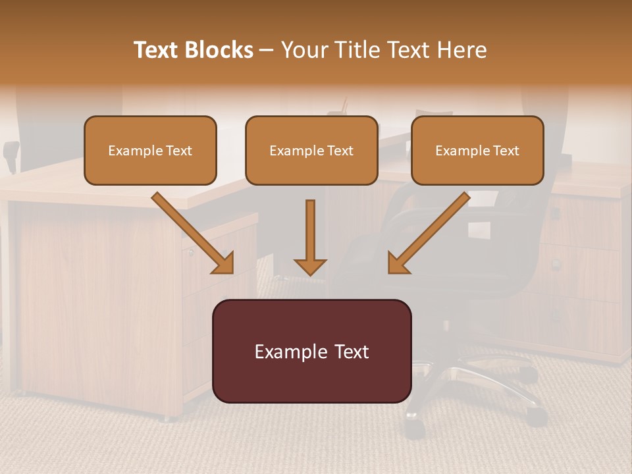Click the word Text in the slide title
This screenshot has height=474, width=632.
pyautogui.click(x=156, y=50)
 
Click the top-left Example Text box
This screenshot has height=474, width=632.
pyautogui.click(x=150, y=150)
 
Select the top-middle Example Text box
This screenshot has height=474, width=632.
pyautogui.click(x=311, y=150)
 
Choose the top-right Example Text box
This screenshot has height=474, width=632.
pyautogui.click(x=477, y=150)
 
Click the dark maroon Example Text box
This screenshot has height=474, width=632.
pyautogui.click(x=311, y=351)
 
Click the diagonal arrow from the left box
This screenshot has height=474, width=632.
pyautogui.click(x=192, y=232)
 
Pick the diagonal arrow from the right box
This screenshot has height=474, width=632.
pyautogui.click(x=429, y=232)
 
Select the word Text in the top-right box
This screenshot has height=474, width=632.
pyautogui.click(x=506, y=151)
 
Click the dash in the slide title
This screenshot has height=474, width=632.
pyautogui.click(x=267, y=51)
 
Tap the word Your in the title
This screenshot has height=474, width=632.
pyautogui.click(x=303, y=50)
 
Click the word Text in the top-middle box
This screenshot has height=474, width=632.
pyautogui.click(x=340, y=151)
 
